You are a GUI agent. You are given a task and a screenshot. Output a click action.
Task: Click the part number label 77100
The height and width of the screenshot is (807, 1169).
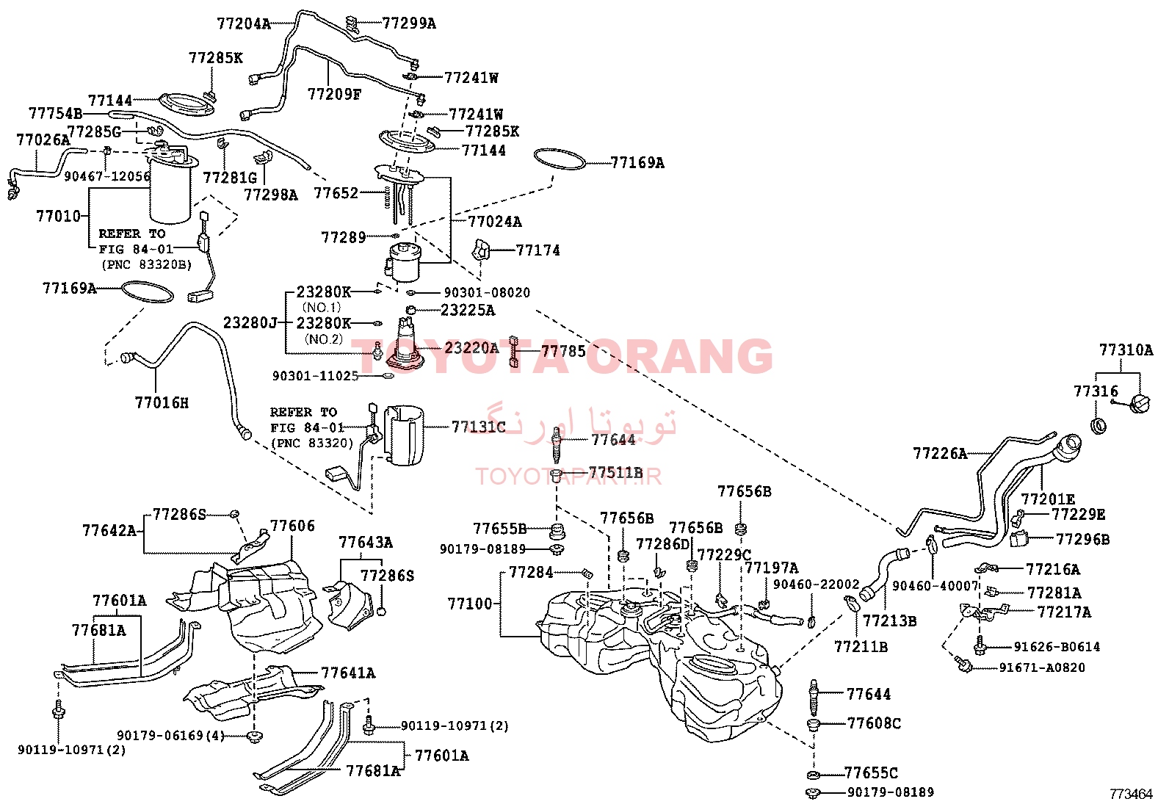point(470,604)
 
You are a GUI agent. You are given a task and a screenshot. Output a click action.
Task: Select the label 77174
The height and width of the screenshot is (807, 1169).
point(538,250)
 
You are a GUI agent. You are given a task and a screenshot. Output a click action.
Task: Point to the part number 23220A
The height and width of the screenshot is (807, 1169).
point(471,347)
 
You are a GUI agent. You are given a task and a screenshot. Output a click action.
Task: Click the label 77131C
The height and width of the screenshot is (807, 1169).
point(478,427)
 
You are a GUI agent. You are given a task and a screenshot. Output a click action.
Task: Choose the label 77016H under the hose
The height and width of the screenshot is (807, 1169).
point(162,403)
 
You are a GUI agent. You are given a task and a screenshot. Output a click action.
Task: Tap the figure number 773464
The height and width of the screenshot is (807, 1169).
point(1131,794)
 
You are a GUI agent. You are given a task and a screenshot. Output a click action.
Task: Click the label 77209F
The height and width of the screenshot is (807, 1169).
point(334,95)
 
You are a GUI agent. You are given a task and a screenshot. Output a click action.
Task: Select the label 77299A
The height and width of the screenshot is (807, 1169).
point(408,23)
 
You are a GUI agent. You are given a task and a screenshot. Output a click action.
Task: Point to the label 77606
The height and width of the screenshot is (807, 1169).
point(292,526)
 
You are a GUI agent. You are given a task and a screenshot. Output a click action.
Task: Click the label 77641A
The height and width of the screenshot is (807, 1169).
point(347,673)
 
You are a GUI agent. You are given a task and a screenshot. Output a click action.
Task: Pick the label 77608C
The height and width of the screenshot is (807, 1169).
point(874,723)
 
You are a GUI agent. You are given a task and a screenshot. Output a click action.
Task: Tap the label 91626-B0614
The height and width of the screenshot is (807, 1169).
point(1056,647)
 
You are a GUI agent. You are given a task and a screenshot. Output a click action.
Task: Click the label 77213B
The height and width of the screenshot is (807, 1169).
point(889,621)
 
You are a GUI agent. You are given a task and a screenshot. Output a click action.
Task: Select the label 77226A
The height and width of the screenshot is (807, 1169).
point(940,454)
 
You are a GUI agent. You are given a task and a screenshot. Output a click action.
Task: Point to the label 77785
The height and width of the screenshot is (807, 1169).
point(564,351)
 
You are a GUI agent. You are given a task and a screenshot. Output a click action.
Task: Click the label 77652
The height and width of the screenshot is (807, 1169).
point(336,194)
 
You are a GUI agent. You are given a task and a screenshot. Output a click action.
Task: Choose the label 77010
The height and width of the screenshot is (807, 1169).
point(59,216)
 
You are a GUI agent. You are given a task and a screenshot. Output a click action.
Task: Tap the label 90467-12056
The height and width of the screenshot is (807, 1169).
point(107,176)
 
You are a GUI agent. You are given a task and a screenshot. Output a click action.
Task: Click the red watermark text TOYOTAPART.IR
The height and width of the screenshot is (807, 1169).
point(568,477)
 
